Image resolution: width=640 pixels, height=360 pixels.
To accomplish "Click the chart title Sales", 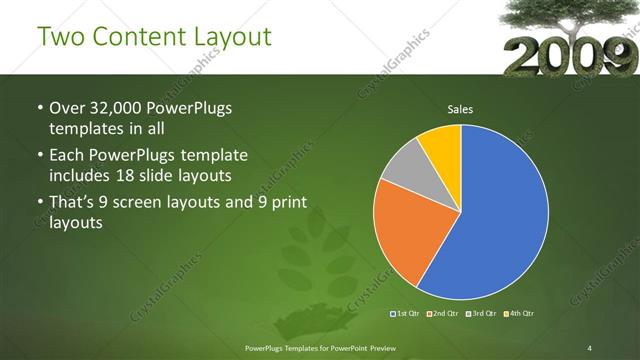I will click(460, 110).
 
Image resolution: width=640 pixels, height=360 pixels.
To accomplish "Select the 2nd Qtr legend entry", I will click(445, 314).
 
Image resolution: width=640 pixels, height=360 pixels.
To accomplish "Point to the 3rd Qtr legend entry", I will click(483, 314).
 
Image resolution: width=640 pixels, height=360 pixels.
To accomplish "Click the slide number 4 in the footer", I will click(591, 347).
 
